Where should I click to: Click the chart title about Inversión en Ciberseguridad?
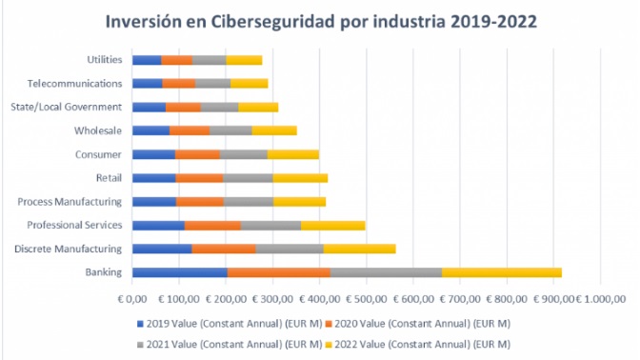[x=319, y=20]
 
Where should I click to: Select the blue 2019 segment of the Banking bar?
[x=179, y=272]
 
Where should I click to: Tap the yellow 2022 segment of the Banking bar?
[x=501, y=272]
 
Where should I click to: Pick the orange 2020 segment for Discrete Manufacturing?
[x=223, y=249]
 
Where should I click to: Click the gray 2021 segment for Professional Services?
[x=270, y=225]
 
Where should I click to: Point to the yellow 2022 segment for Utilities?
[x=244, y=60]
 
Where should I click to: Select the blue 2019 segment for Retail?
[x=153, y=177]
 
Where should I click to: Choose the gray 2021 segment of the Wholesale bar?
[x=230, y=130]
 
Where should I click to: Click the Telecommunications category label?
[x=74, y=84]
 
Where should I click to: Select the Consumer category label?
[x=97, y=154]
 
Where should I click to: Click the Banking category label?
[x=103, y=272]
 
